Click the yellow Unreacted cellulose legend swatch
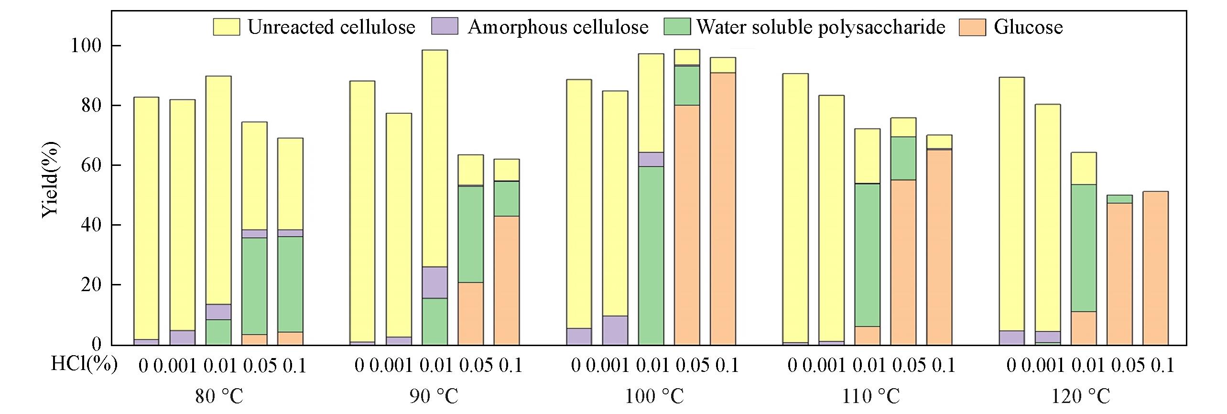tap(226, 27)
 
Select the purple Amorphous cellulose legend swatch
tap(445, 27)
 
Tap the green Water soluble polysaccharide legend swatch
tap(677, 27)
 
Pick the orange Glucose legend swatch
tap(973, 27)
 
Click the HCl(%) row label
tap(84, 366)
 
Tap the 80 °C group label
tap(219, 397)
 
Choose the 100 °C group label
tap(654, 397)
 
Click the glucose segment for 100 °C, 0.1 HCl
tap(723, 208)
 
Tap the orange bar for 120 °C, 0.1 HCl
tap(1155, 268)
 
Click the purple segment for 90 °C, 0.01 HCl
tap(435, 283)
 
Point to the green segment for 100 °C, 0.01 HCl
tap(651, 255)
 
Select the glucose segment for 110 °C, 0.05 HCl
tap(903, 262)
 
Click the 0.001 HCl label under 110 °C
tap(824, 366)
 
